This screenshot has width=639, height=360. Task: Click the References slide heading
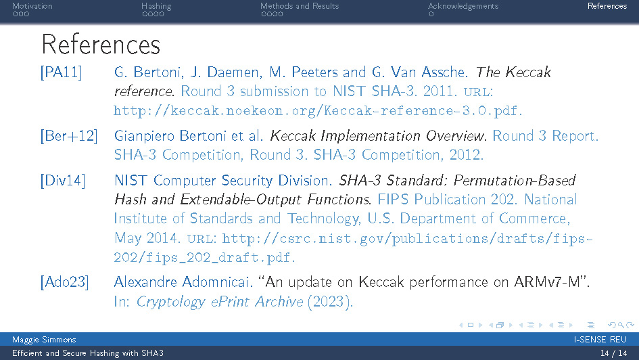coord(101,45)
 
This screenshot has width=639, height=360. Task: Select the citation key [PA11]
coord(61,72)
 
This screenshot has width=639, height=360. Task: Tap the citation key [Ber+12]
coord(68,136)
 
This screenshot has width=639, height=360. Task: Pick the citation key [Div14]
coord(63,181)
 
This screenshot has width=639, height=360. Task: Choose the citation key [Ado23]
coord(64,282)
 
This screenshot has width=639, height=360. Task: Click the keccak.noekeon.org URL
coord(317,110)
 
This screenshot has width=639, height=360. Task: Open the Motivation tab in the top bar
coord(32,6)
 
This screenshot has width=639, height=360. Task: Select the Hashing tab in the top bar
coord(156,6)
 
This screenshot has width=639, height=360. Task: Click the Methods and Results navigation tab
coord(300,6)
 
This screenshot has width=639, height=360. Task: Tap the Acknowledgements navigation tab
coord(463,6)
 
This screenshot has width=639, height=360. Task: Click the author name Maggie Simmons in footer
coord(44,340)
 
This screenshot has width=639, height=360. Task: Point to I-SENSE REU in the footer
coord(600,340)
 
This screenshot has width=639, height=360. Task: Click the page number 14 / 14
coord(613,353)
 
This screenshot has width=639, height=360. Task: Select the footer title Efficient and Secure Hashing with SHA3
coord(88,353)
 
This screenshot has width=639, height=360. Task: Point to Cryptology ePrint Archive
coord(220,302)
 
